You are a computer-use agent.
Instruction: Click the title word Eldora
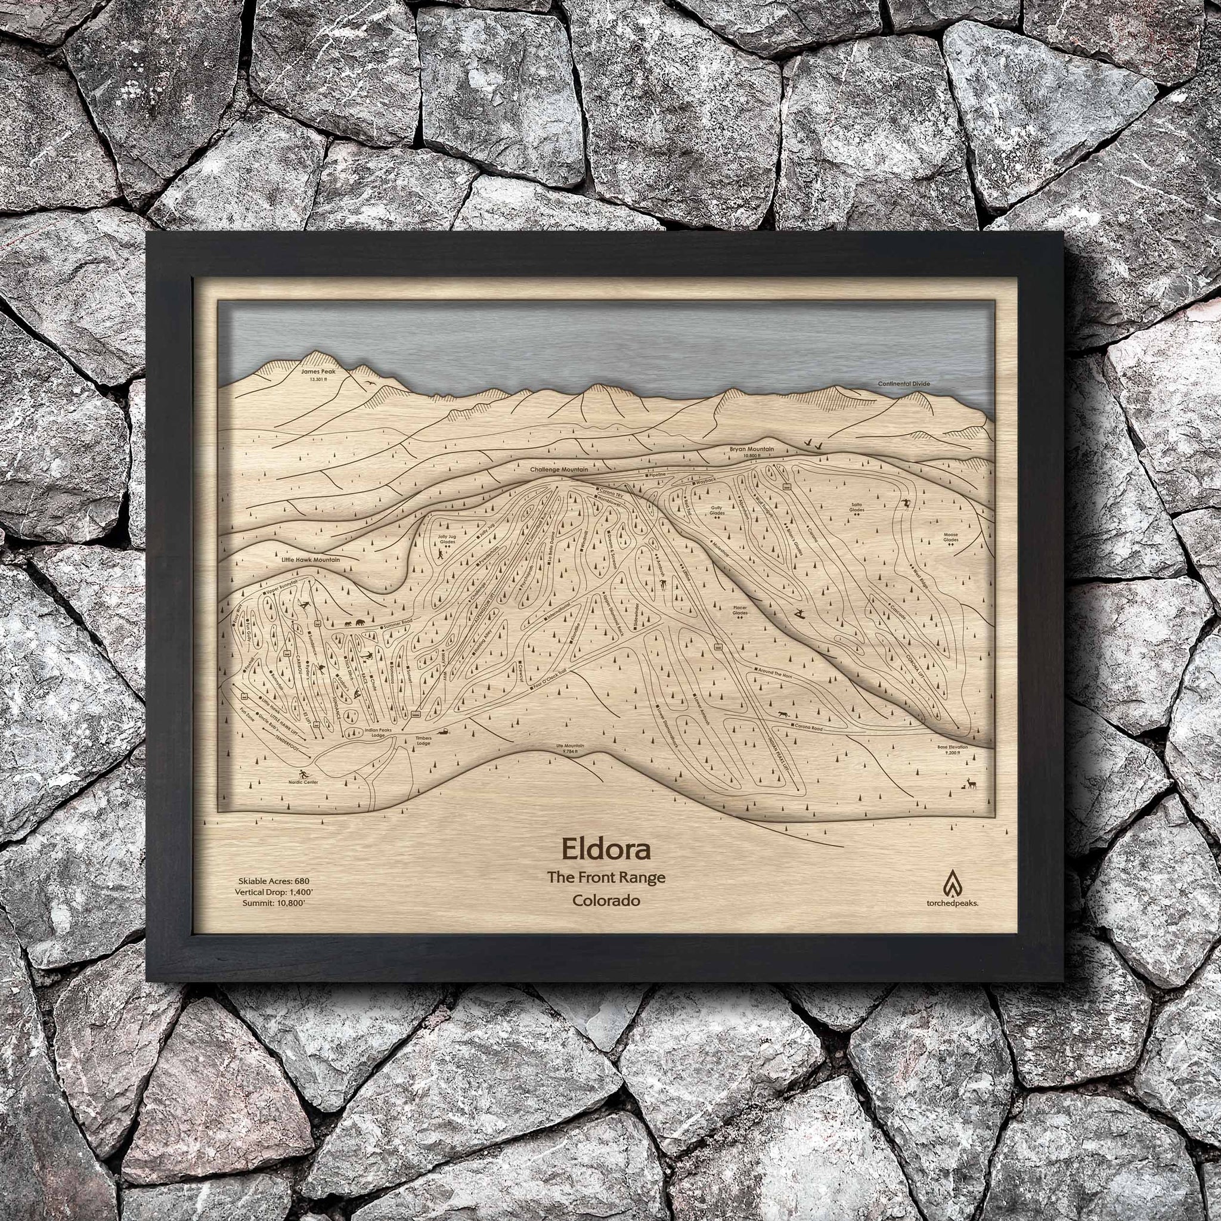[x=606, y=850]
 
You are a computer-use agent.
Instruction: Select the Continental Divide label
[x=904, y=383]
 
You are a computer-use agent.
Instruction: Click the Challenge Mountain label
[x=559, y=470]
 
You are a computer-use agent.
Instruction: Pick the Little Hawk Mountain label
[x=311, y=560]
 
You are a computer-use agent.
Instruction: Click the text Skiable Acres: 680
[x=274, y=881]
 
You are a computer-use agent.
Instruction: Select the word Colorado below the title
[x=606, y=901]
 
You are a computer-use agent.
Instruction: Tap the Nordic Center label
[x=303, y=782]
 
